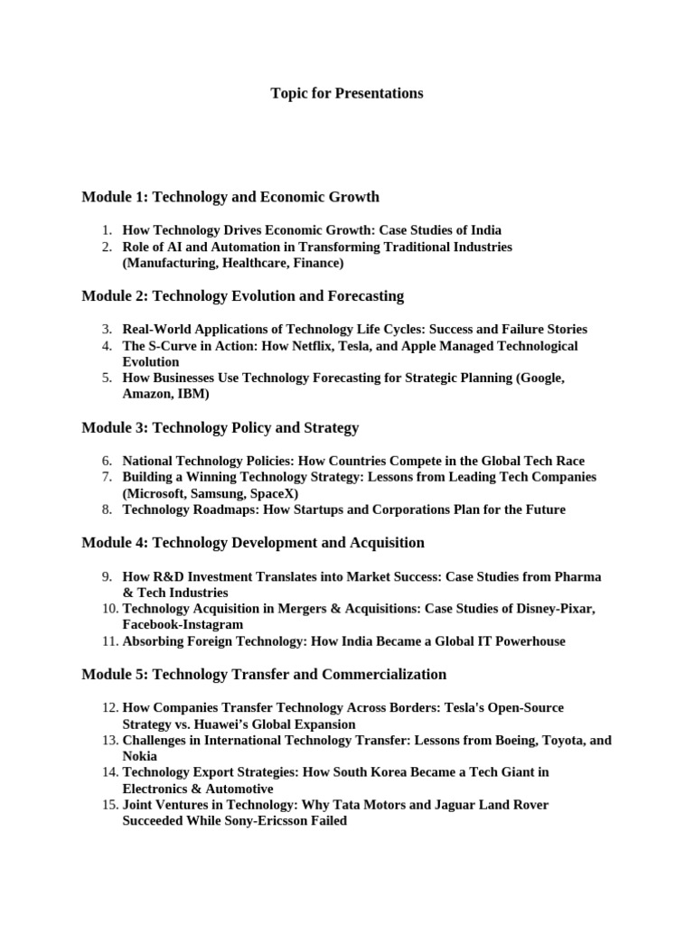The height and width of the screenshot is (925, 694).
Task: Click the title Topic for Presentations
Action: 347,93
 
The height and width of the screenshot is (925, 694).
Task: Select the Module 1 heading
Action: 230,196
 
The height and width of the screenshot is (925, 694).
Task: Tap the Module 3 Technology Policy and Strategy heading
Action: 220,427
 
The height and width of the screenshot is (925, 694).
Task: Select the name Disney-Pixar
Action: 551,609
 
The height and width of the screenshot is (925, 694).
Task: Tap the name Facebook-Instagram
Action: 183,624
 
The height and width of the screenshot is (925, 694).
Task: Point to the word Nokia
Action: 140,756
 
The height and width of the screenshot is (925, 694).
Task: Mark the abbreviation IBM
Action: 192,395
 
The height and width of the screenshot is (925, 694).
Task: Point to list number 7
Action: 106,477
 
